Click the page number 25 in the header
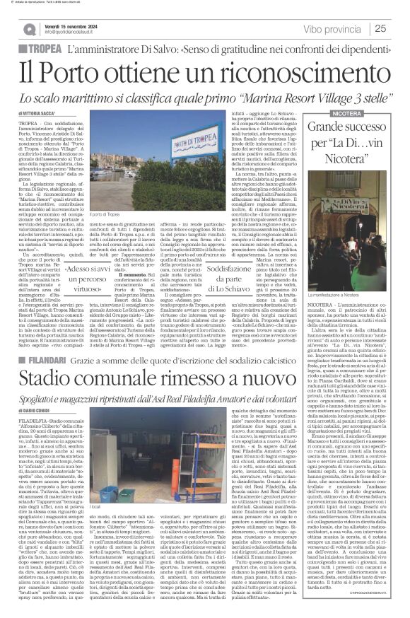coord(399,28)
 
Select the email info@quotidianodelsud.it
coord(78,32)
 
